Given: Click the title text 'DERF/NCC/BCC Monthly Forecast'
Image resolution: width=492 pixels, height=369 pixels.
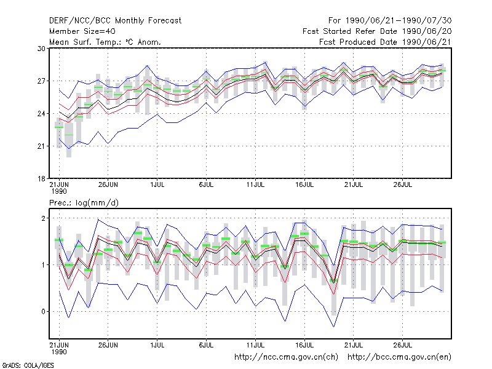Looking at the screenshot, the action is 115,21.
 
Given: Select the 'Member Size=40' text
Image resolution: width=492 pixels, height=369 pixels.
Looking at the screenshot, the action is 82,31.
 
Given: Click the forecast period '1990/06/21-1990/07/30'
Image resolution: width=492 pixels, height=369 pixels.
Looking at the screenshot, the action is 399,21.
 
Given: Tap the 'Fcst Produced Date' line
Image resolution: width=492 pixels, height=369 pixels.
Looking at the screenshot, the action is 386,42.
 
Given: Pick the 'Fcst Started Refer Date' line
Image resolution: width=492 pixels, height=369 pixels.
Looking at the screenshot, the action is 377,31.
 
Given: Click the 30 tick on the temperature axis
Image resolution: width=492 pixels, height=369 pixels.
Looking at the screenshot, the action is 41,49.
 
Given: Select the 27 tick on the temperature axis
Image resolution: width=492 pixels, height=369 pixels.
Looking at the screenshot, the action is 41,81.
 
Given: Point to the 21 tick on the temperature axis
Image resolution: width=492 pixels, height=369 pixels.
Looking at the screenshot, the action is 41,146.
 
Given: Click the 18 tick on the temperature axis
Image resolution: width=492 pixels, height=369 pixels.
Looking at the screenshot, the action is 41,179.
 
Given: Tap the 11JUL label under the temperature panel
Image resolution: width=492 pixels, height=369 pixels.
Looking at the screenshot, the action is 255,185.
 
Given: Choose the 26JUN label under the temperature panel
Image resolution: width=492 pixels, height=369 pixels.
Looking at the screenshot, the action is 108,185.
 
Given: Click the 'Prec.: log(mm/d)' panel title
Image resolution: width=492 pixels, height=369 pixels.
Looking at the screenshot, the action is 84,203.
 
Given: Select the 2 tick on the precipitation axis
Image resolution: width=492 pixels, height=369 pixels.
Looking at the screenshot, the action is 43,218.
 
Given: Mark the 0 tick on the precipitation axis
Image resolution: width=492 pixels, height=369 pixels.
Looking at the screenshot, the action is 43,312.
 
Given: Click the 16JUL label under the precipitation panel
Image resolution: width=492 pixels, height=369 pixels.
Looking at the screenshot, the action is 304,345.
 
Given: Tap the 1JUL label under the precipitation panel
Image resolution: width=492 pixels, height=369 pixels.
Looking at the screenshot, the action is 157,345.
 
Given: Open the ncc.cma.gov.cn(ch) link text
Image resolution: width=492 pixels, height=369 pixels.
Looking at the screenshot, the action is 286,357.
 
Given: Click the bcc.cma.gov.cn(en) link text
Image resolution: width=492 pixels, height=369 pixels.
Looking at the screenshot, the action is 399,357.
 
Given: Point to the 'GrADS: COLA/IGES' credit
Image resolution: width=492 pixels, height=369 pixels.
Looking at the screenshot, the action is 28,365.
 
